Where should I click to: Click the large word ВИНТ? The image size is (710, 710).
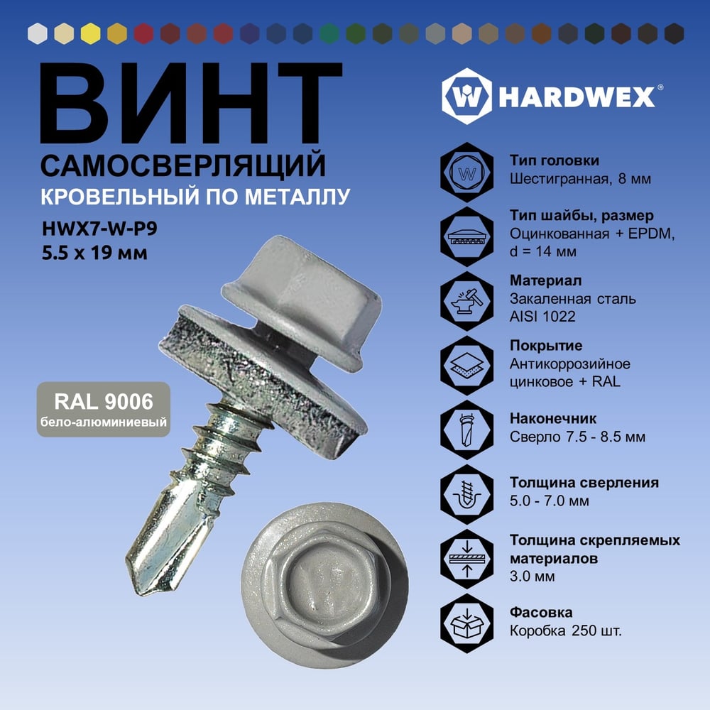point(191,103)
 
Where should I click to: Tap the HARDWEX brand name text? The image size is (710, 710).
point(577,97)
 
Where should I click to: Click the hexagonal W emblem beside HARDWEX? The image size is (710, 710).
point(467,97)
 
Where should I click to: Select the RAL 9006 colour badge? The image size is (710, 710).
point(104,410)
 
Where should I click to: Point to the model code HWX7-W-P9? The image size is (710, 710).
point(99,229)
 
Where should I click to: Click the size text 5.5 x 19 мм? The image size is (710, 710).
point(94,253)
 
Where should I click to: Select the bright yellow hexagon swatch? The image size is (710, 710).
point(91,33)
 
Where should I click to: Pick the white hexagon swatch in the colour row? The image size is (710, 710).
point(38,33)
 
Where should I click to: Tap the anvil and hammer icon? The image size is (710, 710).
point(467,301)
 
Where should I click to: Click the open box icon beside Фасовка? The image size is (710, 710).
point(467,623)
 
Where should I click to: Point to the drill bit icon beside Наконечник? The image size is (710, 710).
point(467,430)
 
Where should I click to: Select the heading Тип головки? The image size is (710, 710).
point(555,160)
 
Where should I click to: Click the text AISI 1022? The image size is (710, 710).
point(542,317)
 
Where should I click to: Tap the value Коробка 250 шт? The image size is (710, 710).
point(566,630)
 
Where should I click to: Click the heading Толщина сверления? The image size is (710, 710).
point(584,483)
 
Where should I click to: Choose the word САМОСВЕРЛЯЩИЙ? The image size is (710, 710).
point(183,165)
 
